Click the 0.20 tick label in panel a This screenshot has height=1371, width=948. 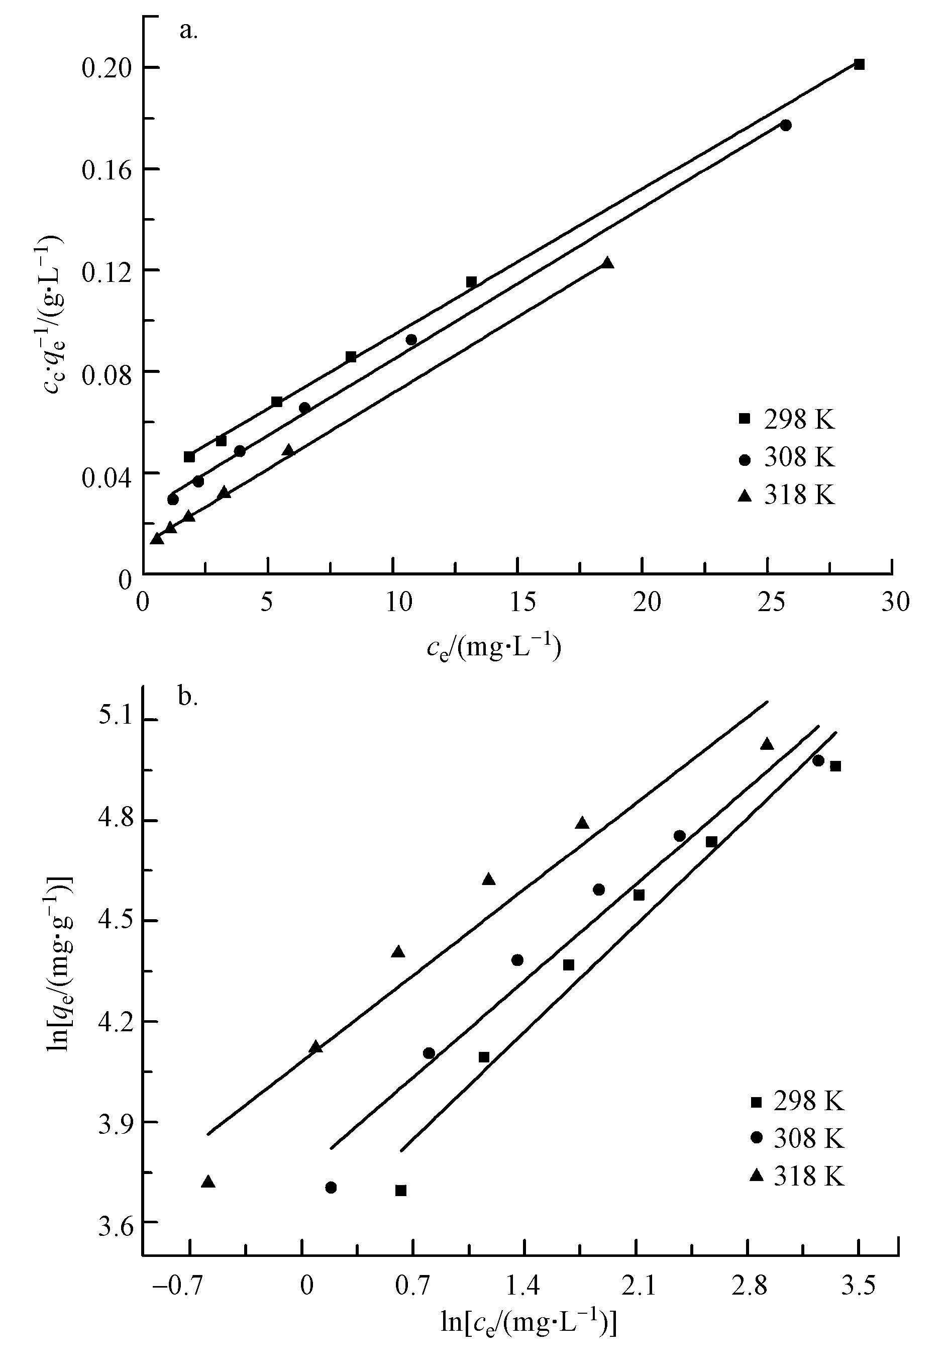pos(106,68)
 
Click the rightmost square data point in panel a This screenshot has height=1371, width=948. pos(859,64)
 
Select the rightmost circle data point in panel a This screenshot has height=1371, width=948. pos(786,125)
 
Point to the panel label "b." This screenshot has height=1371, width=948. pos(188,696)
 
